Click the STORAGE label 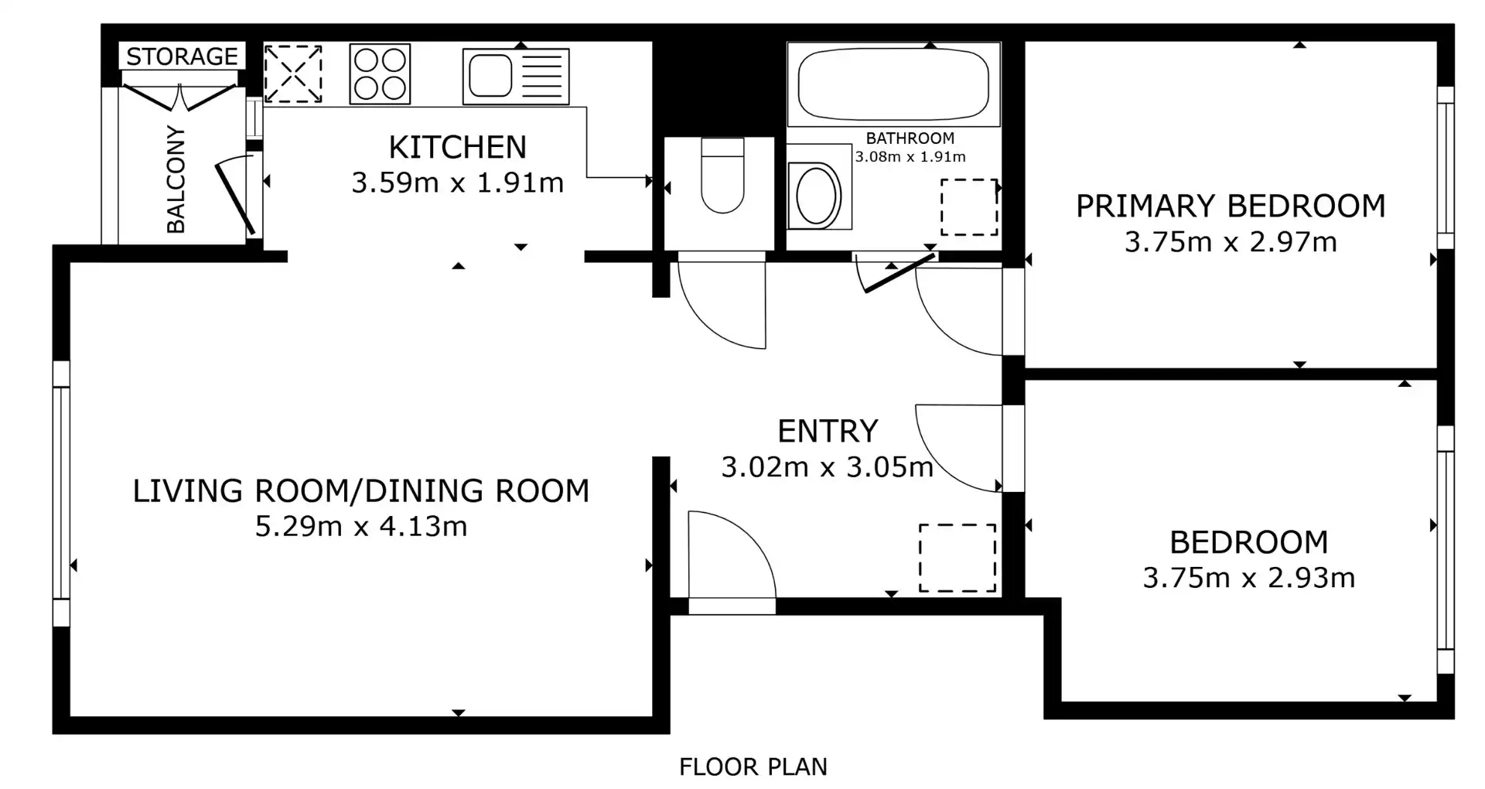click(182, 56)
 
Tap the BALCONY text click(176, 179)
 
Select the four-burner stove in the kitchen click(380, 73)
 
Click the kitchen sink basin click(490, 75)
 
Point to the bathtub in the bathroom click(893, 84)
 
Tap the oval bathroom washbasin click(818, 193)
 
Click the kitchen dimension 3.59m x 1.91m click(458, 183)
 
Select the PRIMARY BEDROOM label click(1231, 207)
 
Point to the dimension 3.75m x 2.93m click(1249, 578)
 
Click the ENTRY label click(828, 431)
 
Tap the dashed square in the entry click(958, 558)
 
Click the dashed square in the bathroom click(969, 207)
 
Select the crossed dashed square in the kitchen click(293, 73)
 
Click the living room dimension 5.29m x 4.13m click(361, 527)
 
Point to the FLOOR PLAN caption click(753, 767)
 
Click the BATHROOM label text click(910, 138)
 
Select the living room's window click(61, 492)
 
